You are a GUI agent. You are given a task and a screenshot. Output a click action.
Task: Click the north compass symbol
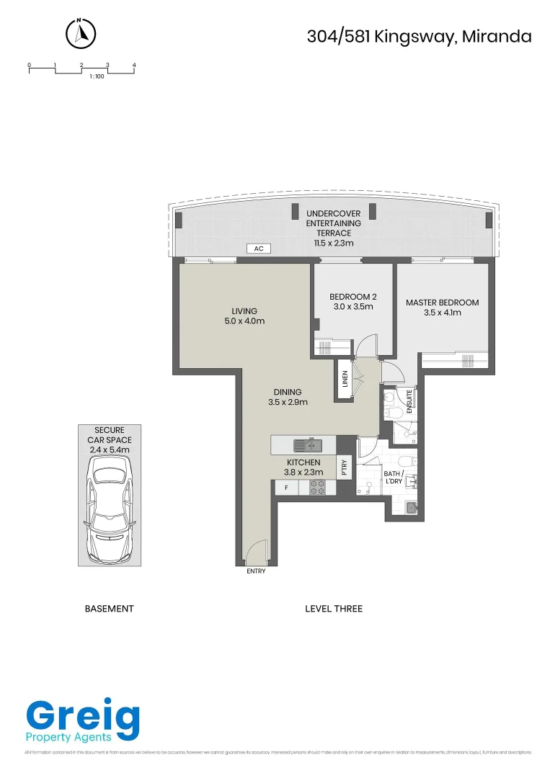point(81,32)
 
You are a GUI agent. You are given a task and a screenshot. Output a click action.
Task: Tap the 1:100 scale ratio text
point(97,76)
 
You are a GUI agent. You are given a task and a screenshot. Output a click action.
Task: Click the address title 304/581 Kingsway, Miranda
point(419,36)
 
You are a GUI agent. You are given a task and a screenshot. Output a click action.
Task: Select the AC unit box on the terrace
point(257,249)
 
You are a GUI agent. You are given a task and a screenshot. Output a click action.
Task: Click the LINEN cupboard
point(345,380)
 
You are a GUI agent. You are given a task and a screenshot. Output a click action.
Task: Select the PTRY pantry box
point(345,469)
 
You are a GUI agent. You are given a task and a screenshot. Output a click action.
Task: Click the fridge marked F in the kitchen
point(286,488)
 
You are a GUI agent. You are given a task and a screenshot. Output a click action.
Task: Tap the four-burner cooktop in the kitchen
point(318,488)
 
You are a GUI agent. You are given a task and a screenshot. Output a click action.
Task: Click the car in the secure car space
point(109,510)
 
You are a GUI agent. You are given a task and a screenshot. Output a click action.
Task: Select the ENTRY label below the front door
point(256,571)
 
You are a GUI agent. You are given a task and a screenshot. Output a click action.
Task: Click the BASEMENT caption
point(110,609)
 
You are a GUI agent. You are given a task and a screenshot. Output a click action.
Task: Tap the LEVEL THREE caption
point(334,609)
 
